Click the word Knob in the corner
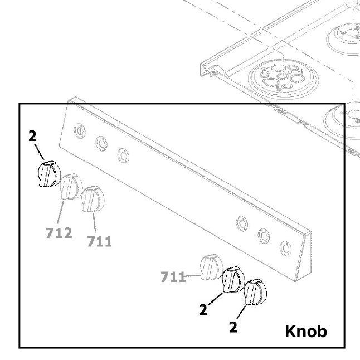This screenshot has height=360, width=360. [x=306, y=331]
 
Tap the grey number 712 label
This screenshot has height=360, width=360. [x=59, y=232]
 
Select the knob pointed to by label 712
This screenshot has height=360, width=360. [x=70, y=186]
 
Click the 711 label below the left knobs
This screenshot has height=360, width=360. [x=99, y=241]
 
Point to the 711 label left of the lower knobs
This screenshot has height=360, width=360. [x=173, y=276]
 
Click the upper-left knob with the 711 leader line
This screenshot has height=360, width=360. [x=93, y=199]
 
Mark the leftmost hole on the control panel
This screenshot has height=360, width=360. [x=80, y=132]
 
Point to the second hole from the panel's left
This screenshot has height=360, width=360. [x=101, y=144]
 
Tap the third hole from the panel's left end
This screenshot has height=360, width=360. [x=123, y=155]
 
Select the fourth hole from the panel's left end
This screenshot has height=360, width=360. [x=241, y=223]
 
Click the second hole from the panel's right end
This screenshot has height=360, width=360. [x=262, y=235]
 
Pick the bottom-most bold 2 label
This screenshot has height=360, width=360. [x=233, y=327]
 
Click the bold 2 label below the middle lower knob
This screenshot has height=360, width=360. [x=203, y=309]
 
